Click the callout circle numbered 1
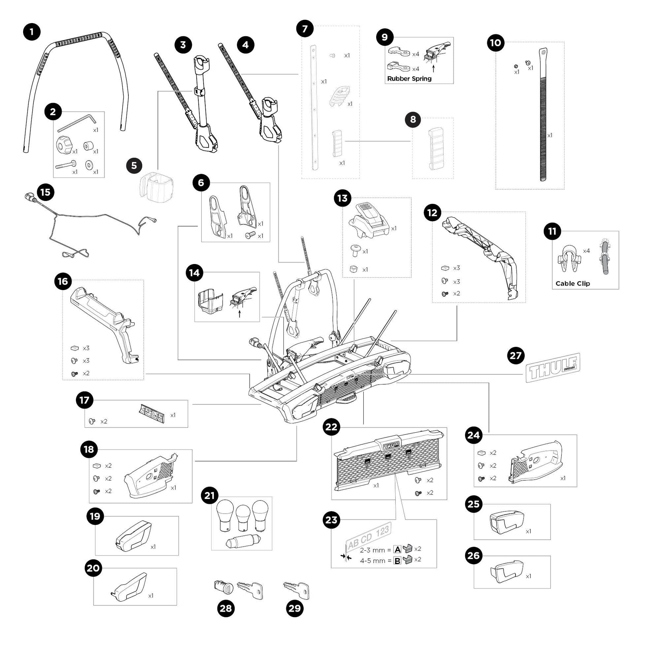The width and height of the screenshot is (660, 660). pyautogui.click(x=32, y=32)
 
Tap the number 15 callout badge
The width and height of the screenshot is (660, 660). pyautogui.click(x=45, y=192)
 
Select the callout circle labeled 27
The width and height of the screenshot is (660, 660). pyautogui.click(x=516, y=356)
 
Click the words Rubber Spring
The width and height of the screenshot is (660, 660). pyautogui.click(x=409, y=78)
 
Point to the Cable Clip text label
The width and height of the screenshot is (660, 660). pyautogui.click(x=572, y=283)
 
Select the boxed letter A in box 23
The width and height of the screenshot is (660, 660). pyautogui.click(x=397, y=549)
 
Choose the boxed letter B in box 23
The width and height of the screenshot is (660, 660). pyautogui.click(x=397, y=561)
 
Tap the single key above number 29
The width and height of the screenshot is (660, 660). pyautogui.click(x=297, y=589)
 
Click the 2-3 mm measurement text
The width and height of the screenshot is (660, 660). pyautogui.click(x=372, y=550)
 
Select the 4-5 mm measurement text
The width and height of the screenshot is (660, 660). pyautogui.click(x=372, y=561)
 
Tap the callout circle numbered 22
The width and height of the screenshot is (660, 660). pyautogui.click(x=331, y=427)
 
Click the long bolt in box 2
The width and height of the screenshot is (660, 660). pyautogui.click(x=66, y=165)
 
